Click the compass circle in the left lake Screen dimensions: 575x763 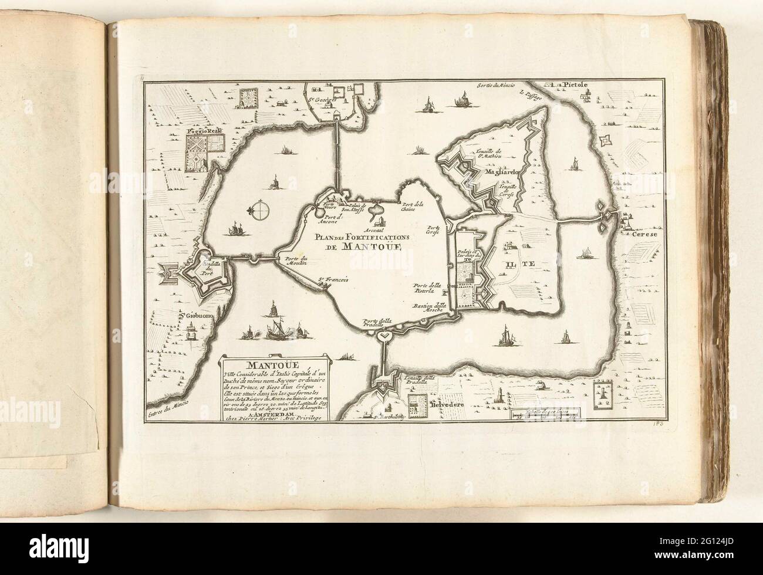[x=258, y=209]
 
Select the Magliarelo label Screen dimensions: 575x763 [x=499, y=173]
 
